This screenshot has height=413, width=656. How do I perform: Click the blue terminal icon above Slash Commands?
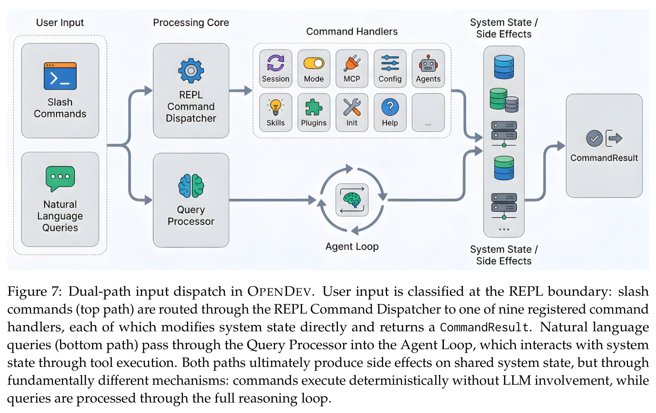pos(60,76)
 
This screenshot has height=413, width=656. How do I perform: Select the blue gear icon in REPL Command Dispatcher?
pos(191,70)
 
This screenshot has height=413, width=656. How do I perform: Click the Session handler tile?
pos(276,69)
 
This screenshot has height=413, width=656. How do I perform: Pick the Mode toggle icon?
pos(314,63)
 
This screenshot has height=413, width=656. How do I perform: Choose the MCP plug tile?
pos(352,69)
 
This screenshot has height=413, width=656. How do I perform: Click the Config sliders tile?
pos(390,69)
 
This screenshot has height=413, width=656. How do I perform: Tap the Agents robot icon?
pos(428,63)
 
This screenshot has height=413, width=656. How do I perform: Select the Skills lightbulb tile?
pos(276,113)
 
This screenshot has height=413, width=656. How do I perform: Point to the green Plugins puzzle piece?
pos(314,107)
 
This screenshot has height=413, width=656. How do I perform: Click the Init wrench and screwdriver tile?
pos(352,113)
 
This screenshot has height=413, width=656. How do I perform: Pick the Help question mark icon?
pos(390,107)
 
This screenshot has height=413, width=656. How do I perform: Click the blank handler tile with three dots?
pos(428,113)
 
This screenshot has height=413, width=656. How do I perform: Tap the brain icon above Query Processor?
pos(191,186)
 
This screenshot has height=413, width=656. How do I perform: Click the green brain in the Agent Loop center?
pos(352,200)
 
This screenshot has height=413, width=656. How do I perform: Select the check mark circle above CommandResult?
pos(594,138)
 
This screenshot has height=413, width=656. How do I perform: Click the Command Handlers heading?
pos(352,31)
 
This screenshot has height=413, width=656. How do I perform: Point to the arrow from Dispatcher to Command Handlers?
pos(240,91)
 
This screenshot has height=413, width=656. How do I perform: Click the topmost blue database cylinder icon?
pos(504,67)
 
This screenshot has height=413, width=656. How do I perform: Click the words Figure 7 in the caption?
pos(35,292)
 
